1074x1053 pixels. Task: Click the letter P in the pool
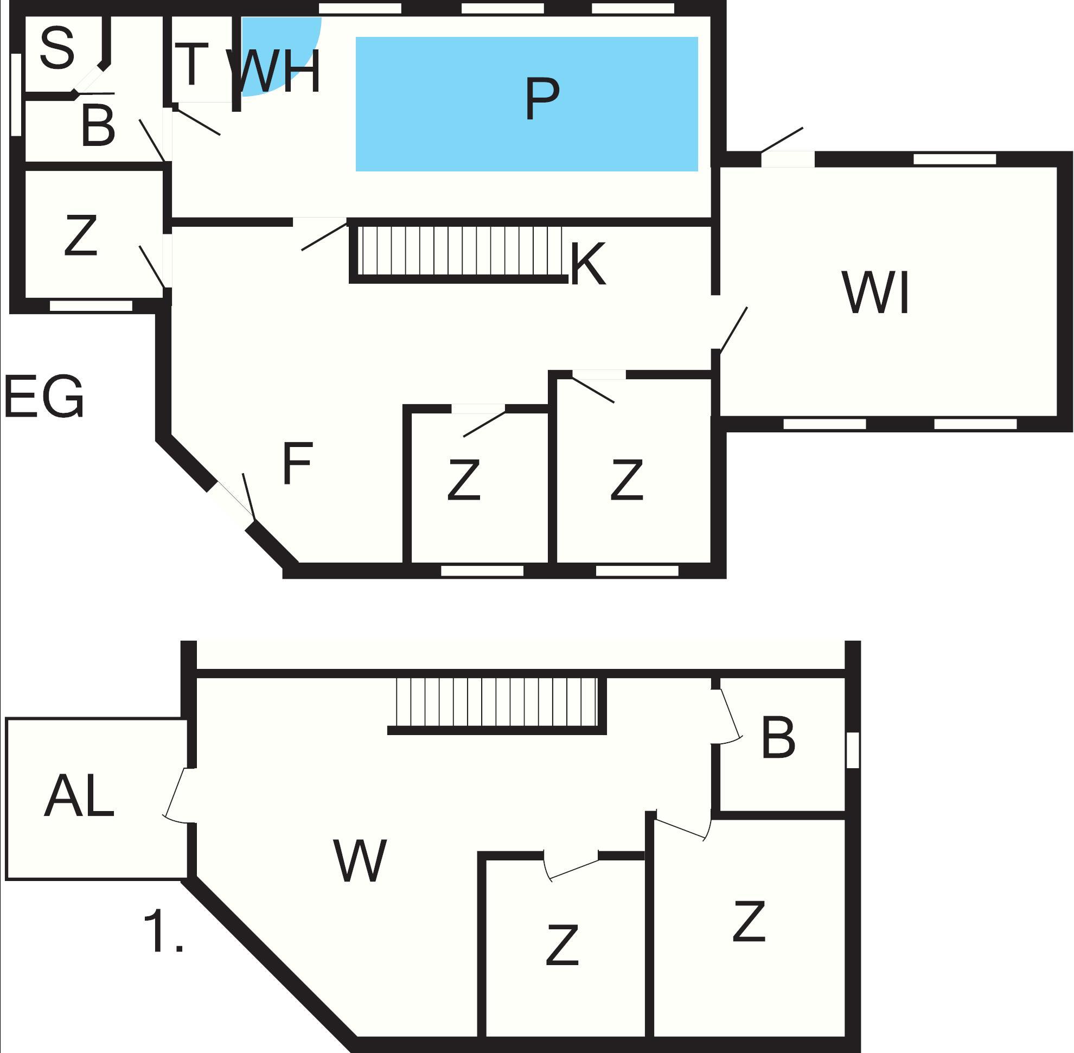[541, 99]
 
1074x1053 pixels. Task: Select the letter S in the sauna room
[57, 48]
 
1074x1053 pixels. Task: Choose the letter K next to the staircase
[587, 264]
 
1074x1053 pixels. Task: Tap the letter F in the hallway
[298, 463]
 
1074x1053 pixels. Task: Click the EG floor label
[44, 397]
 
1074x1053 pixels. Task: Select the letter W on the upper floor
[360, 861]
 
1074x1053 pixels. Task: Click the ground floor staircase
[459, 251]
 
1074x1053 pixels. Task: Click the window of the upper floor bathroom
[853, 750]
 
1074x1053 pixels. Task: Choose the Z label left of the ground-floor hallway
[81, 235]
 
